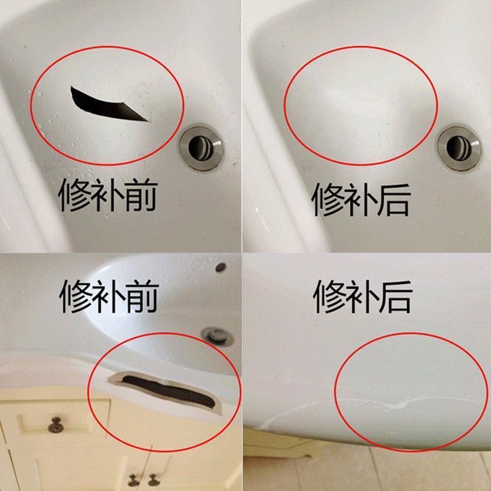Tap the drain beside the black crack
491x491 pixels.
tap(201, 148)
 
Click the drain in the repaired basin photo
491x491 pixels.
tap(459, 148)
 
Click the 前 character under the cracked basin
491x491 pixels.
tap(141, 195)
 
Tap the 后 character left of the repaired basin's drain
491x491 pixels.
tap(394, 199)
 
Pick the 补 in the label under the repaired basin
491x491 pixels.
tap(361, 199)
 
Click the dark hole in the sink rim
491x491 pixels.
tap(168, 392)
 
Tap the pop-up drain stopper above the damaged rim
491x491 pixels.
tap(217, 336)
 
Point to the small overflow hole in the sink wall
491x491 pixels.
tap(221, 267)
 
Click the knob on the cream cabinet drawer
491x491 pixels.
tap(56, 425)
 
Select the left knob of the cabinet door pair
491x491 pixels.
tap(134, 480)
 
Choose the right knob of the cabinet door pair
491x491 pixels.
tap(153, 480)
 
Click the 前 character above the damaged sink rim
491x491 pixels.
tap(142, 296)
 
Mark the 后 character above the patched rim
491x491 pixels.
tap(396, 296)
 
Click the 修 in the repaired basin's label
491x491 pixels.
tap(328, 199)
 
